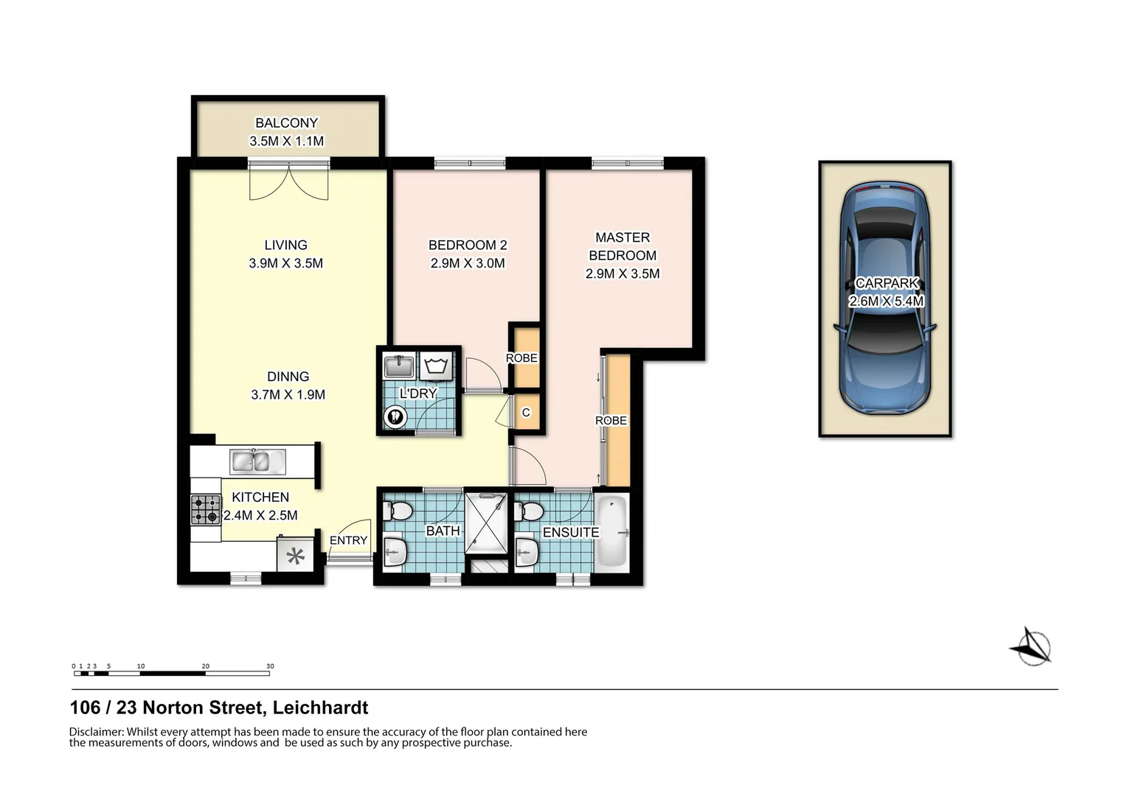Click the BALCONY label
tap(286, 123)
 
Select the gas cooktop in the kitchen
tap(206, 509)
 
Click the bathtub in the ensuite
tap(611, 531)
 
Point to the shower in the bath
tap(486, 522)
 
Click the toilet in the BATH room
tap(399, 510)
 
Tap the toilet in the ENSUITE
tap(530, 511)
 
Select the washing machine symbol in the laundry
tap(437, 365)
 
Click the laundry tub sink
tap(399, 366)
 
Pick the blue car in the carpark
tap(885, 297)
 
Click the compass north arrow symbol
tap(1030, 646)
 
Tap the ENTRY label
tap(348, 540)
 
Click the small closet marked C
tap(527, 413)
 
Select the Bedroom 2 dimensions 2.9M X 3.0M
tap(468, 263)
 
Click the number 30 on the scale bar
tap(270, 666)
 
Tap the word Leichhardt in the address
tap(320, 708)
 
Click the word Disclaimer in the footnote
tap(96, 732)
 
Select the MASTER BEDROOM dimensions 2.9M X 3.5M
tap(623, 273)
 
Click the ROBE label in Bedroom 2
tap(521, 358)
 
